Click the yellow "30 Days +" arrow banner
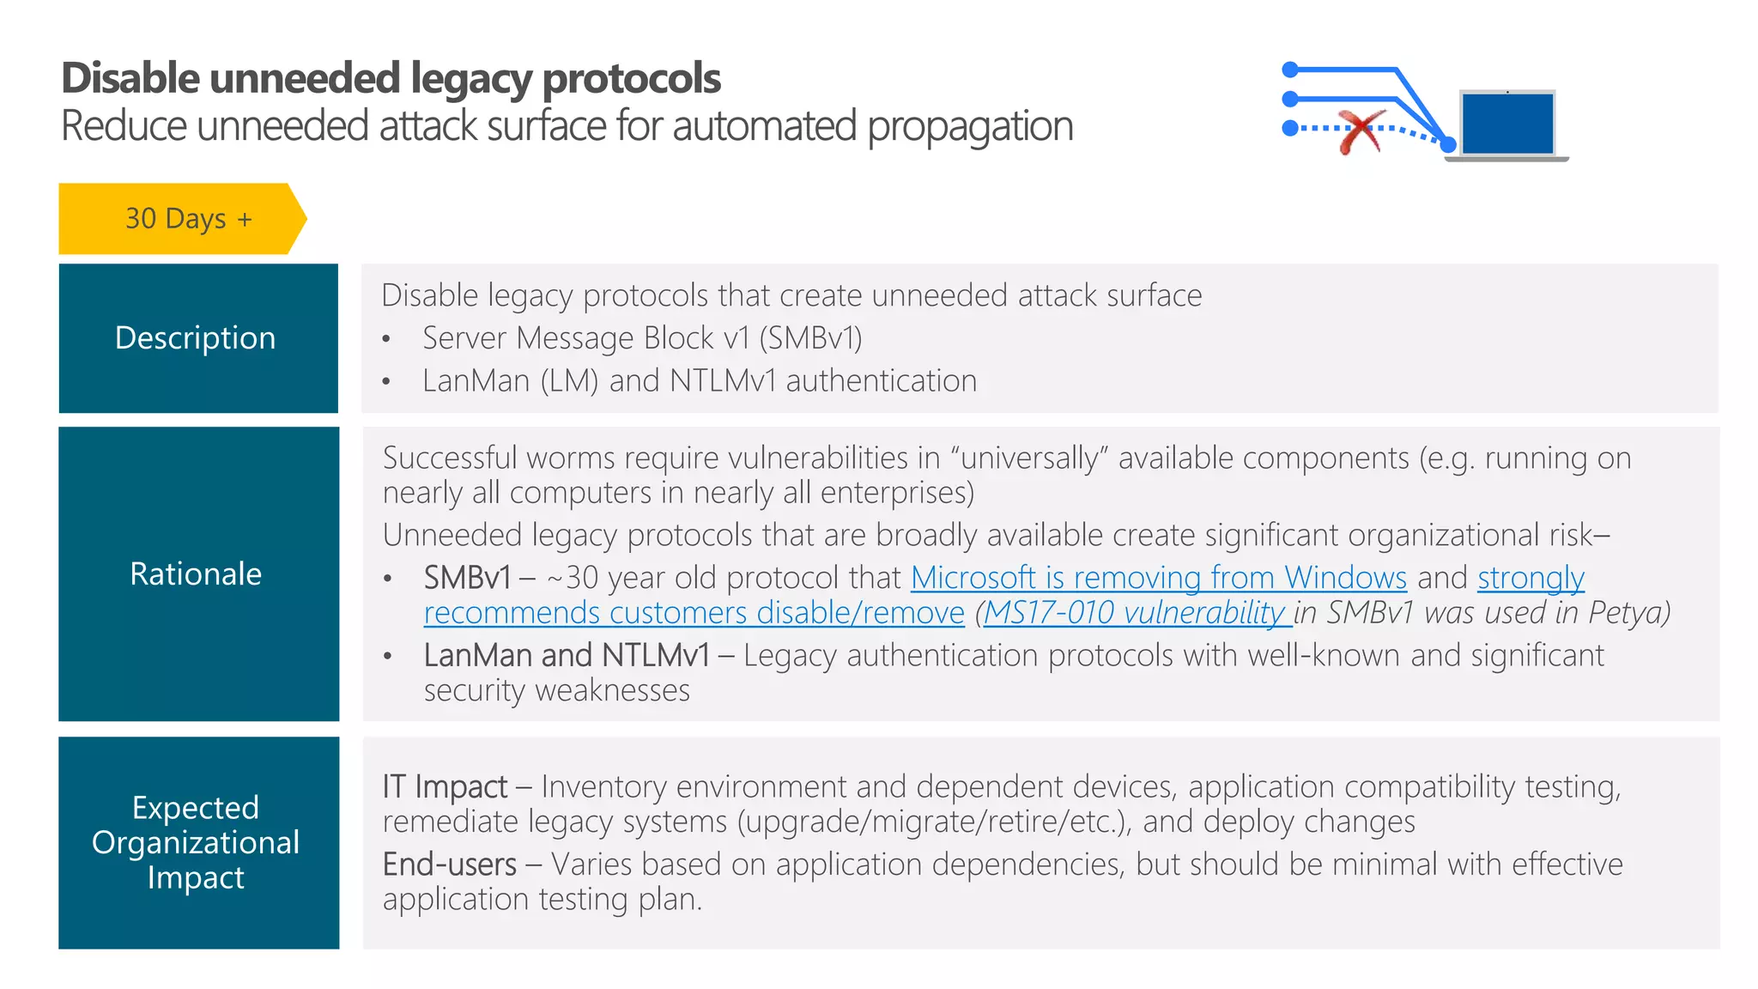coord(182,219)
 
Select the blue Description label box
coord(198,338)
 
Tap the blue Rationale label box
coord(198,573)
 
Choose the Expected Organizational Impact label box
coord(198,842)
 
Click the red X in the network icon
coord(1361,131)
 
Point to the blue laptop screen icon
coord(1507,124)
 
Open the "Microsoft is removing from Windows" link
coord(1158,578)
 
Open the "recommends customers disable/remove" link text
coord(694,613)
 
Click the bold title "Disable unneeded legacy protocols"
coord(391,78)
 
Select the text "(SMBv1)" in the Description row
coord(810,338)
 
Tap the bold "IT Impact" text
coord(445,786)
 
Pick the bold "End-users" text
coord(449,865)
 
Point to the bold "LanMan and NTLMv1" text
coord(567,656)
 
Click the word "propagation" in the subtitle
coord(970,126)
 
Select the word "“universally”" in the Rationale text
coord(1029,458)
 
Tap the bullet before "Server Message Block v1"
coord(386,340)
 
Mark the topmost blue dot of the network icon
coord(1289,70)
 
